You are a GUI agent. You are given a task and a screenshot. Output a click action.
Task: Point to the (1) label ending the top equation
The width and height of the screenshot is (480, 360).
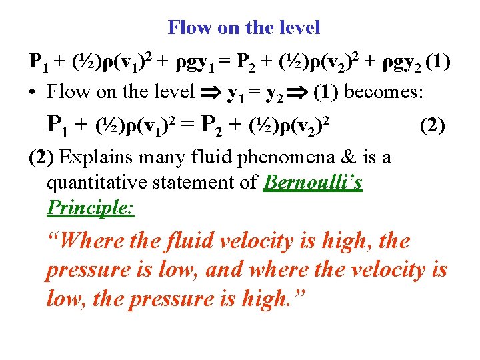437,63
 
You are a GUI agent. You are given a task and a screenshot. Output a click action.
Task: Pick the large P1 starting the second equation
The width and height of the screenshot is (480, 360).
61,125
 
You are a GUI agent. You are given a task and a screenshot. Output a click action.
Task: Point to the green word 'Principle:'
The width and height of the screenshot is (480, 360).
90,208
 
